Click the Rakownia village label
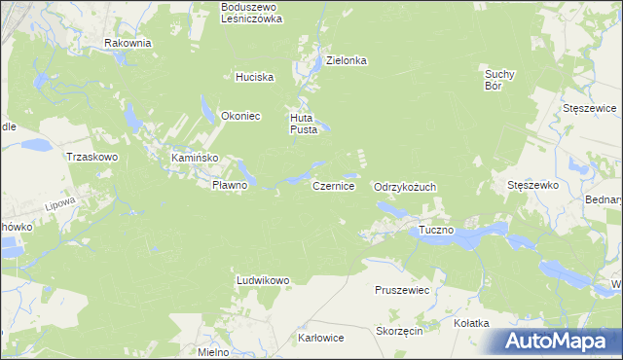[128, 43]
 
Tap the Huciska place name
[255, 77]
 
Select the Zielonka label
[346, 60]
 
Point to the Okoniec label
[240, 116]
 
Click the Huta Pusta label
[303, 124]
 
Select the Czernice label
[333, 185]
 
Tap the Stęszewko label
[531, 184]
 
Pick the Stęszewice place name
[591, 108]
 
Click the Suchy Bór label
[499, 79]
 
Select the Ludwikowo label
[263, 280]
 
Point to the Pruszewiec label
[402, 290]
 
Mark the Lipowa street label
[60, 205]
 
